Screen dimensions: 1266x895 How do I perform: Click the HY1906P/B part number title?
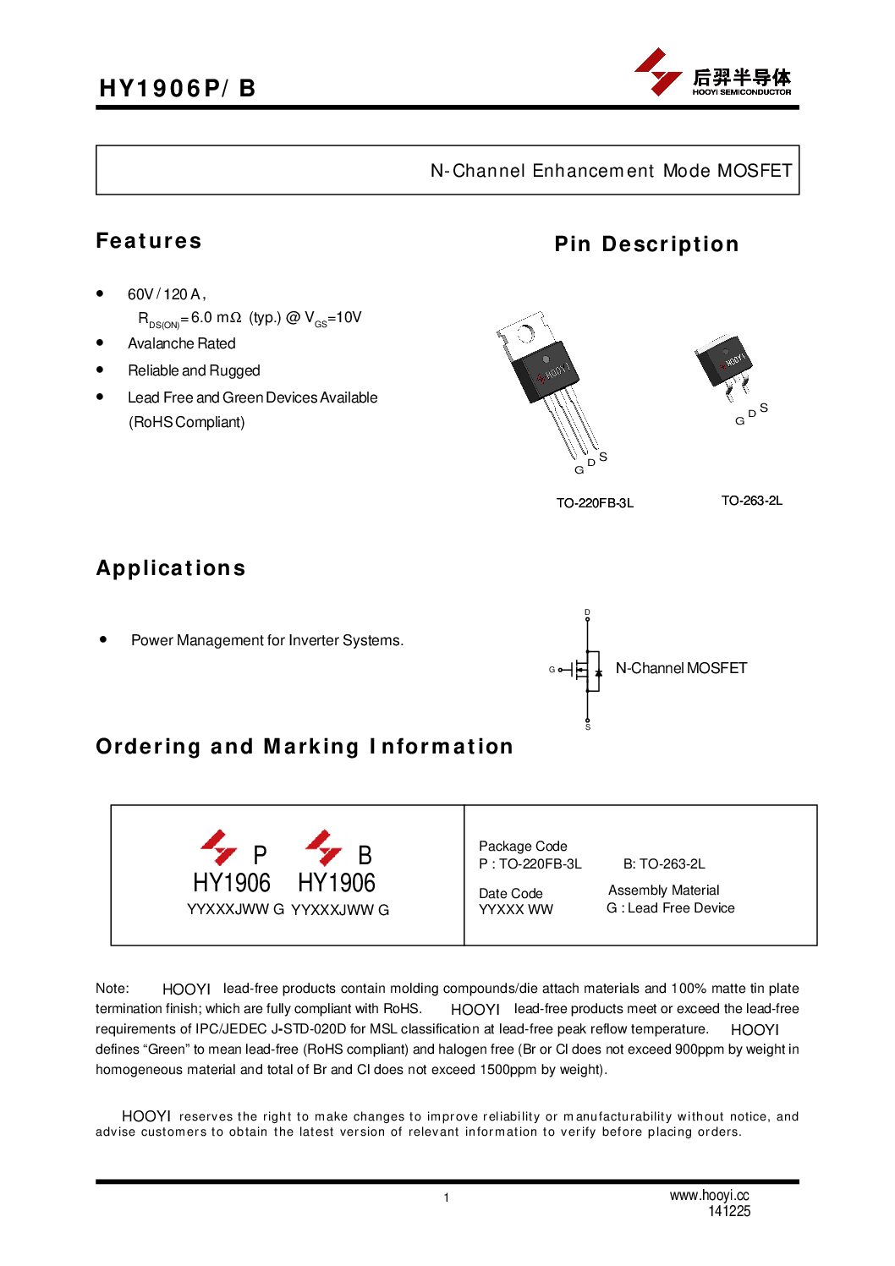point(178,88)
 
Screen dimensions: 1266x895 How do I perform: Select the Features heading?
point(149,241)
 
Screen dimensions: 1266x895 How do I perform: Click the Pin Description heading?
point(646,244)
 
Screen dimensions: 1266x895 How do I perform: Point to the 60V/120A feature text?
point(166,294)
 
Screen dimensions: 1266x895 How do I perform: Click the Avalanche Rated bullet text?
point(181,343)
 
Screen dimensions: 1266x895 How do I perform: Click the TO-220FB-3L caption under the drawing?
point(595,503)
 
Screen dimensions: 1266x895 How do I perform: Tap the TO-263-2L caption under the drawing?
point(751,501)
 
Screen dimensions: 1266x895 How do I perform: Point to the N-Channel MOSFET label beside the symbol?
point(681,668)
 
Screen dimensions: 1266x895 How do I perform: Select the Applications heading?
point(171,568)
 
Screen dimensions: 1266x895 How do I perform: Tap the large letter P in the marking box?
point(260,855)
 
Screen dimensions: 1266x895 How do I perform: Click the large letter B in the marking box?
point(365,855)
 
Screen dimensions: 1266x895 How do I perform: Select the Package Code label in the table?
point(523,846)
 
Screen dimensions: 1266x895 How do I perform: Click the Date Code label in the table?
point(510,893)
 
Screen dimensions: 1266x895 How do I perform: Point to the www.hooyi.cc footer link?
point(709,1195)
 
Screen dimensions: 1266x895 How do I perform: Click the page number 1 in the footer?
point(447,1197)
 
